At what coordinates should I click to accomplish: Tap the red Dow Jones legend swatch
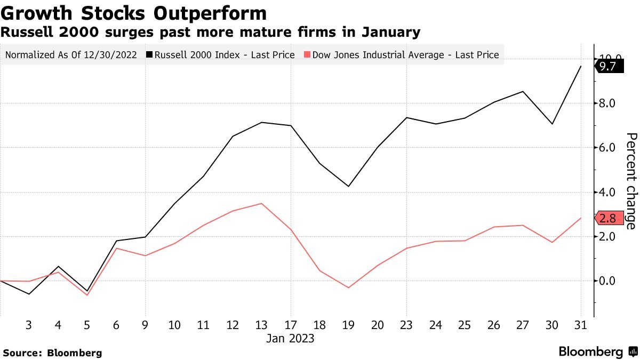coord(306,54)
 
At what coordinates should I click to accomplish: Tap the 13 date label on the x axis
coord(261,325)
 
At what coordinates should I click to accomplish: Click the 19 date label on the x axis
coord(349,325)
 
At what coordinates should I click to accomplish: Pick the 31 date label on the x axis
coord(580,325)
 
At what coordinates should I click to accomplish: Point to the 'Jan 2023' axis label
coord(290,339)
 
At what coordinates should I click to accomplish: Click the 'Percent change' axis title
coord(631,181)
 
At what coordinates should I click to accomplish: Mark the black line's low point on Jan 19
coord(349,186)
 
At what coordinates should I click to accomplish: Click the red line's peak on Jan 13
coord(261,203)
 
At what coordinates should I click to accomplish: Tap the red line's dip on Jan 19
coord(349,287)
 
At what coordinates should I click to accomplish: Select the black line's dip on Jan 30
coord(551,124)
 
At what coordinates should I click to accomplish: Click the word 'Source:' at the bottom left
coord(23,353)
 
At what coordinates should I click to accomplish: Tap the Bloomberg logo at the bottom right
coord(598,352)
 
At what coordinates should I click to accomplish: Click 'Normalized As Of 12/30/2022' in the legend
coord(71,54)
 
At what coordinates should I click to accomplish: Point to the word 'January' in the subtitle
coord(391,32)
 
